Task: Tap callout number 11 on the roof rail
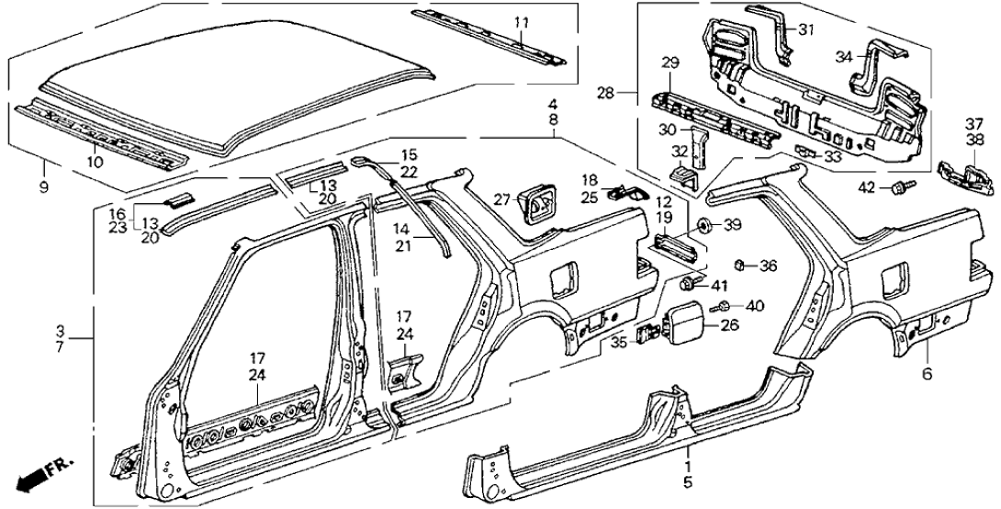[x=521, y=22]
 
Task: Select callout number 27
[x=500, y=198]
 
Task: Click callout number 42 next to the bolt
[x=867, y=188]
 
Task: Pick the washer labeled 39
[x=703, y=225]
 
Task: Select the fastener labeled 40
[x=725, y=306]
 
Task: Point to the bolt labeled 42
[x=896, y=188]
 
